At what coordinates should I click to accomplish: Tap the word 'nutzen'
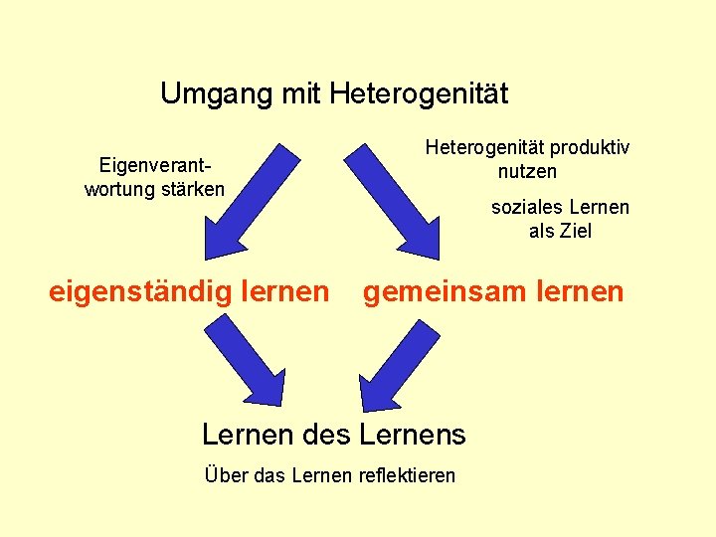click(528, 171)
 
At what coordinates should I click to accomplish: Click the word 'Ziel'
click(576, 231)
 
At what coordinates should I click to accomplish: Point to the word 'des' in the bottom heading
click(327, 435)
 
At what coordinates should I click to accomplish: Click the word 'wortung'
click(117, 188)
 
